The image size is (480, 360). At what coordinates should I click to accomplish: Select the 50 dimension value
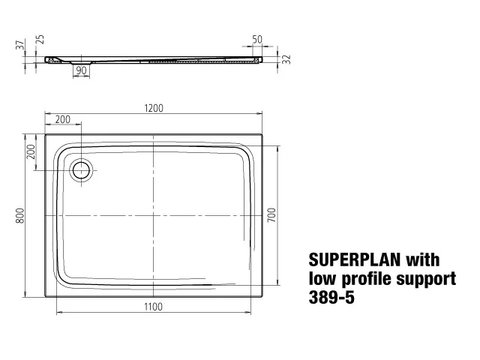(256, 39)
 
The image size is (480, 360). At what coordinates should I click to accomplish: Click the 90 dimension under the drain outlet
(81, 70)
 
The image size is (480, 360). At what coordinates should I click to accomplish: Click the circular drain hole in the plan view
(80, 170)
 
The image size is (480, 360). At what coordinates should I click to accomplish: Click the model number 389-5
(331, 298)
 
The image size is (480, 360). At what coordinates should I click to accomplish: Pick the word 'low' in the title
(321, 279)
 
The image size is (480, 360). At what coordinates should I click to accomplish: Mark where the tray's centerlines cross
(153, 215)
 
